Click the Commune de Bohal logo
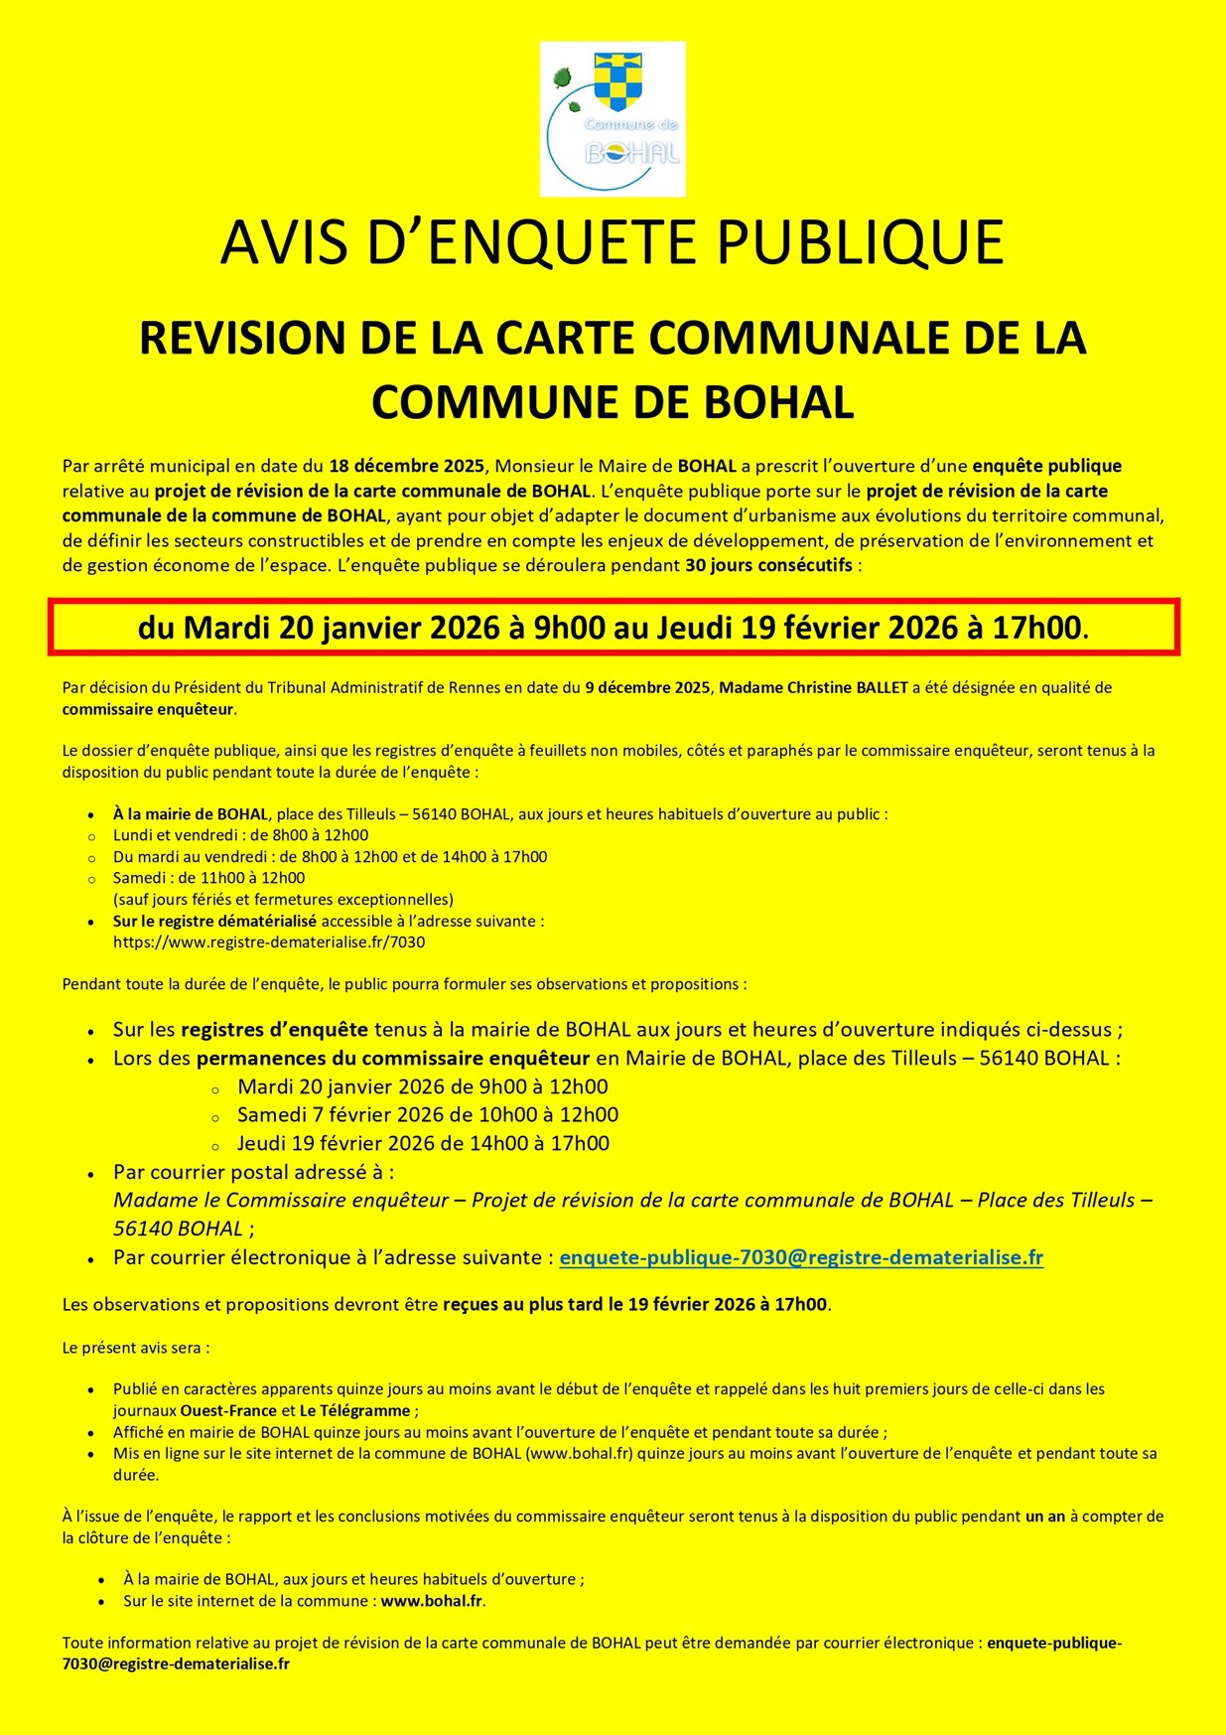tap(613, 119)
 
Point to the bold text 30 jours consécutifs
tap(768, 566)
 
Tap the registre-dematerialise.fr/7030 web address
tap(269, 942)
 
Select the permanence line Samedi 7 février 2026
tap(428, 1115)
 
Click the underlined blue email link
tap(801, 1257)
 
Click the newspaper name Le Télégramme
tap(355, 1410)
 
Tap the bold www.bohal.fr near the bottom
tap(432, 1601)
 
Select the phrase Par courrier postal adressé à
tap(253, 1172)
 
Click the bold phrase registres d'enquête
tap(274, 1030)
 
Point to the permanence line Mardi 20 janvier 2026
tap(423, 1086)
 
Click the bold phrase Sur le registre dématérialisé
tap(214, 921)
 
